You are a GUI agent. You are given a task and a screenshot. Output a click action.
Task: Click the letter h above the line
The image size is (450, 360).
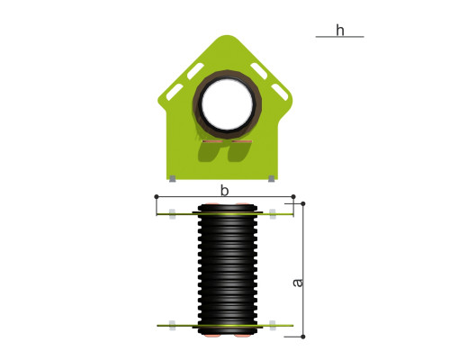340,31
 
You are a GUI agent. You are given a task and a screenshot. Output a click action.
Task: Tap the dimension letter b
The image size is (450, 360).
224,191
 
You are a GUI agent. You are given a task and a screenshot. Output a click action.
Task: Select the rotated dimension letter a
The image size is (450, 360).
298,283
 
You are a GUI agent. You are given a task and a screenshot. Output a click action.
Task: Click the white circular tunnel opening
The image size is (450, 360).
227,103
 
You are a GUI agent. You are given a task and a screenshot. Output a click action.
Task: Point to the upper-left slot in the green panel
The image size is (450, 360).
195,71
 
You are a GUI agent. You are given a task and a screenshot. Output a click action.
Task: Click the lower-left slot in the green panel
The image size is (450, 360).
175,92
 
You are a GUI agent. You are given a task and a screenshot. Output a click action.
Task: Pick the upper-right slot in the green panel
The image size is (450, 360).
259,71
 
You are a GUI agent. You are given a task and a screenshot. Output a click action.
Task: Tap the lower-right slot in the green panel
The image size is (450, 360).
280,92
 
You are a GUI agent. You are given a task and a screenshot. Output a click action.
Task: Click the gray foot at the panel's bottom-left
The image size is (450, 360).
173,179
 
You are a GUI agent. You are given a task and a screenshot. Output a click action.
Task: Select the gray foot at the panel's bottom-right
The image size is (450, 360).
271,179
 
